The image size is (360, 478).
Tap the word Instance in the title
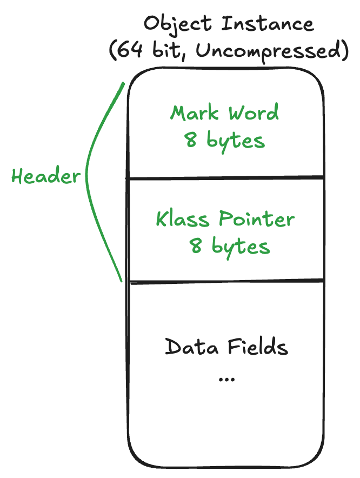click(x=268, y=24)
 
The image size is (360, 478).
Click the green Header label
click(x=46, y=176)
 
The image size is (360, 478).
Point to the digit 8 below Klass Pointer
click(x=196, y=247)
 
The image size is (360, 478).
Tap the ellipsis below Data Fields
click(x=226, y=380)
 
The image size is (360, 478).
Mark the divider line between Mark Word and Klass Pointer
click(x=225, y=177)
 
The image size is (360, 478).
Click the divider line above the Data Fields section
click(x=225, y=281)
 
